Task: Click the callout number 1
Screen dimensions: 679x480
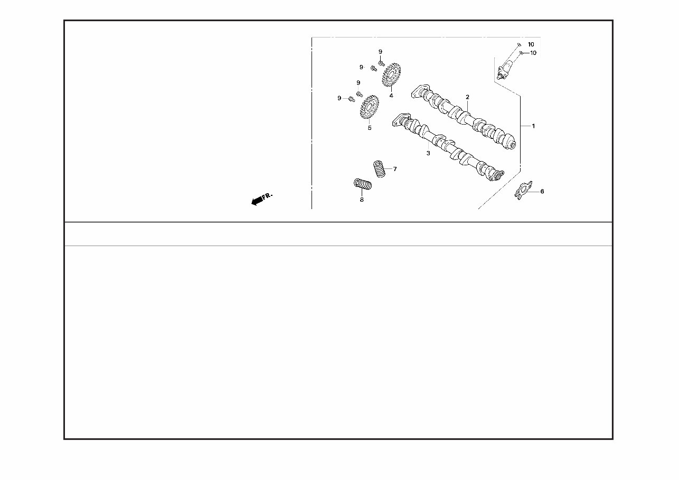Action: [x=533, y=126]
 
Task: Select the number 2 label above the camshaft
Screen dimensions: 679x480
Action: [x=467, y=97]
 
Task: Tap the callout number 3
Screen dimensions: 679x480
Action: [x=428, y=154]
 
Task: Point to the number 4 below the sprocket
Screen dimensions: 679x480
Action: [x=391, y=96]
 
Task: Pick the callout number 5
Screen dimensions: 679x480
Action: [x=370, y=128]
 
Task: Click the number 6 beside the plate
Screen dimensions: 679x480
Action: [x=542, y=191]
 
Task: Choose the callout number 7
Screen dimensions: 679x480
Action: [x=395, y=169]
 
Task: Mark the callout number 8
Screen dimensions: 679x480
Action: [x=362, y=200]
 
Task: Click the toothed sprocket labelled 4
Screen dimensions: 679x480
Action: [x=392, y=74]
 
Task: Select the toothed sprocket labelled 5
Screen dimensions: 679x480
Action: [x=370, y=107]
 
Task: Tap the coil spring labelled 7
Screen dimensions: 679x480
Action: [x=379, y=169]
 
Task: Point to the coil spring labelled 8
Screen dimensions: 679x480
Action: [x=363, y=184]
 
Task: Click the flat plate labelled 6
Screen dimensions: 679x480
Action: [x=523, y=191]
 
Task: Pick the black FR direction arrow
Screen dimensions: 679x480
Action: [x=257, y=201]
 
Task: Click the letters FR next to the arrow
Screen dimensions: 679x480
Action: [x=267, y=196]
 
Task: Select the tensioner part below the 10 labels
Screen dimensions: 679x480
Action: [x=505, y=70]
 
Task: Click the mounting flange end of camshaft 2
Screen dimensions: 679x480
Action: [x=420, y=91]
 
